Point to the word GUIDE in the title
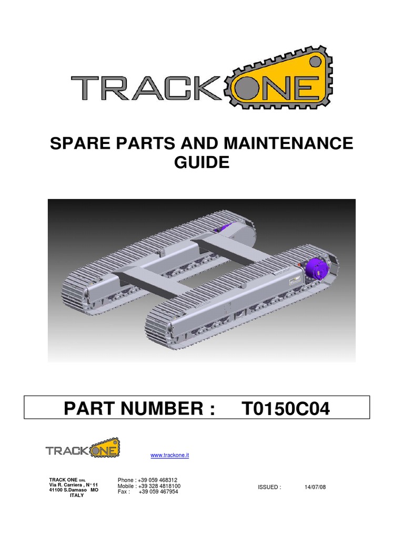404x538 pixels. [202, 162]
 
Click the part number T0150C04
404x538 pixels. [286, 408]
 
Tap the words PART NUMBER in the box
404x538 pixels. [139, 408]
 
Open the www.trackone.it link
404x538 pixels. [169, 455]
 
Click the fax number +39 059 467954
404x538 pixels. [158, 492]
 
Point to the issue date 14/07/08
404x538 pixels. [315, 487]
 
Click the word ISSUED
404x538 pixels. [269, 487]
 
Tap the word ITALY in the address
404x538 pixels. [77, 495]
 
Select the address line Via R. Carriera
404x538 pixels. [73, 485]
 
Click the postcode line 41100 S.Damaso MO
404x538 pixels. [73, 490]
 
